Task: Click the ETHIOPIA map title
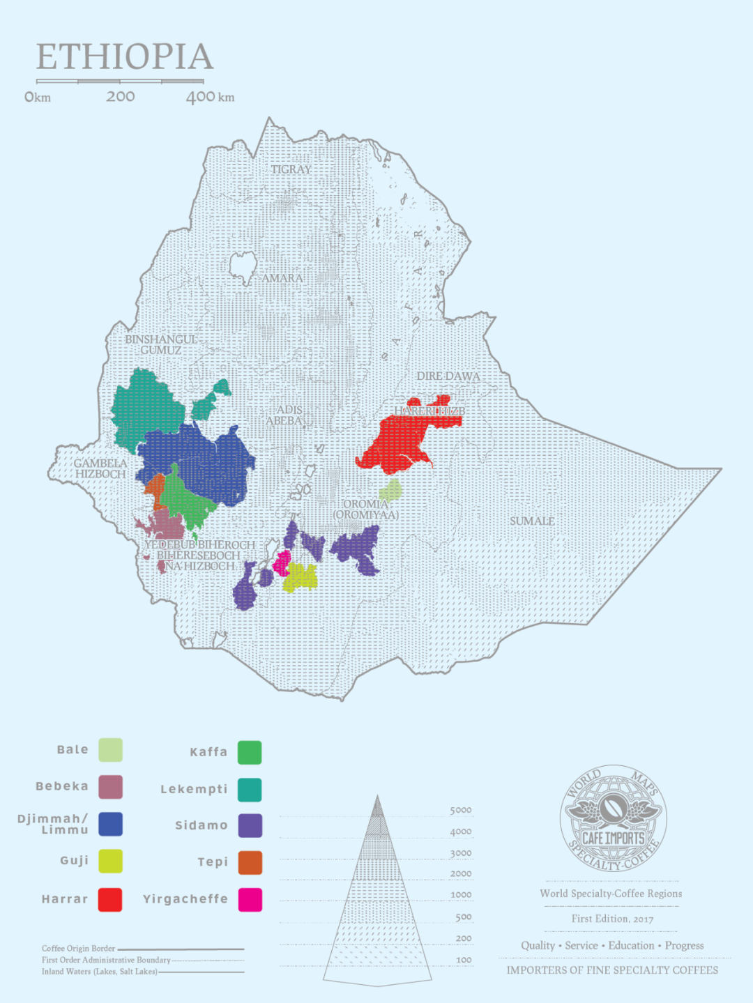coord(125,57)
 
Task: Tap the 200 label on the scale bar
coord(121,97)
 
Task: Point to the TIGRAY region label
coord(291,169)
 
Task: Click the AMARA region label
coord(282,278)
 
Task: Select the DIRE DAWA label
coord(448,376)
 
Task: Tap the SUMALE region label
coord(532,521)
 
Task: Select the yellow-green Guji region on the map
coord(301,578)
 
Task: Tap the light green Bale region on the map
coord(392,490)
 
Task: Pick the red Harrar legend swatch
coord(110,899)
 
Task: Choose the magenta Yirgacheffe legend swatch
coord(250,899)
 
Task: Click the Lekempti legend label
coord(194,789)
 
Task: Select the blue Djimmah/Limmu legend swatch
coord(110,824)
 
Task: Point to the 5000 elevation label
coord(460,810)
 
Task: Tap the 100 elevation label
coord(464,960)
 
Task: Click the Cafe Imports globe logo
coord(613,818)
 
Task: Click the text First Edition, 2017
coord(612,919)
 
